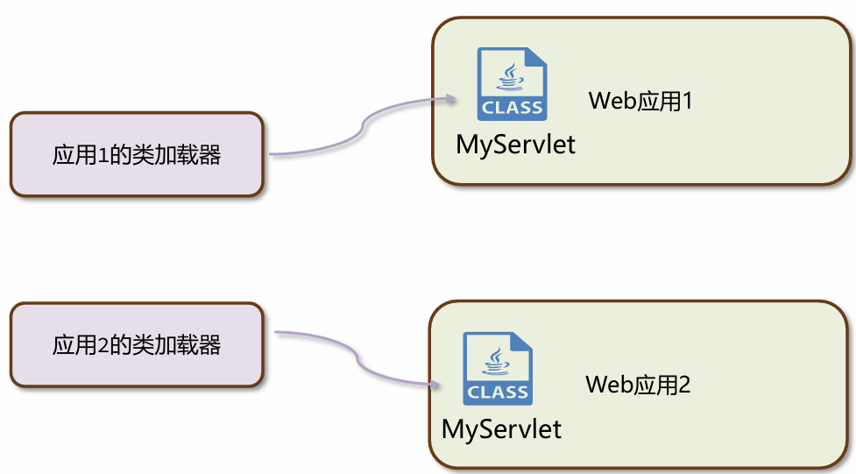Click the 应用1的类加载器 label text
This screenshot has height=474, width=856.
pyautogui.click(x=137, y=156)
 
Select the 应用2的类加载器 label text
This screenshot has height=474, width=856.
pyautogui.click(x=137, y=344)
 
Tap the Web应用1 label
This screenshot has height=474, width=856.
pyautogui.click(x=640, y=101)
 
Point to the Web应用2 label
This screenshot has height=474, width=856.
pyautogui.click(x=638, y=384)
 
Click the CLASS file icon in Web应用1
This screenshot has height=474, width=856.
pyautogui.click(x=513, y=84)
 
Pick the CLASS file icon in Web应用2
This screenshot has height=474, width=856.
pyautogui.click(x=498, y=368)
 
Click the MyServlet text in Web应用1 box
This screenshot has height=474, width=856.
pyautogui.click(x=516, y=144)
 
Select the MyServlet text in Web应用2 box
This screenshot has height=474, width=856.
pyautogui.click(x=501, y=428)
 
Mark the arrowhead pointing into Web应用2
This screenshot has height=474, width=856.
pyautogui.click(x=435, y=384)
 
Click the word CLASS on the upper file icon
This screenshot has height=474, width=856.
pyautogui.click(x=513, y=109)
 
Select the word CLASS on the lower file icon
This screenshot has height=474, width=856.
pyautogui.click(x=498, y=393)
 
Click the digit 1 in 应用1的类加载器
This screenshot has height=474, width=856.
pyautogui.click(x=102, y=156)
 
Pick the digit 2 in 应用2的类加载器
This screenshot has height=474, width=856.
pyautogui.click(x=103, y=344)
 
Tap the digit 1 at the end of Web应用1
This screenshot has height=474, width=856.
pyautogui.click(x=687, y=101)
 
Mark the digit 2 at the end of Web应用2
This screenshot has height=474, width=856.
pyautogui.click(x=685, y=384)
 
